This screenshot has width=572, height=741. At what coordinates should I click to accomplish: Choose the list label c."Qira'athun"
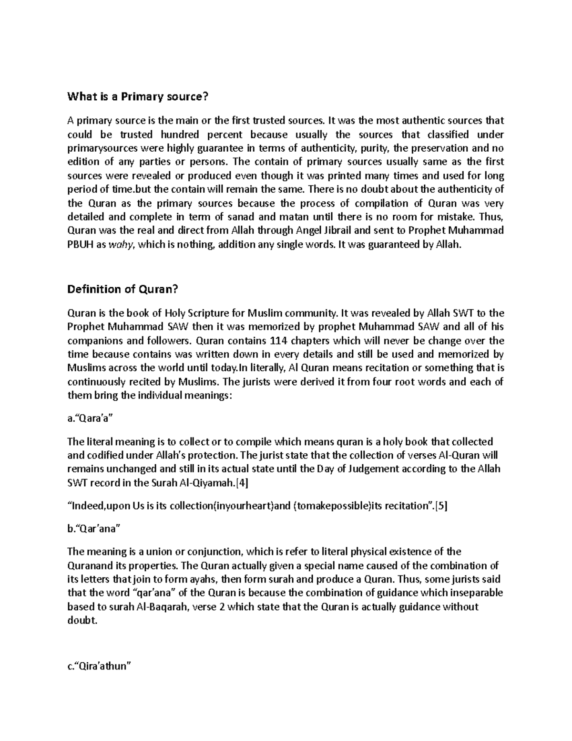pyautogui.click(x=99, y=666)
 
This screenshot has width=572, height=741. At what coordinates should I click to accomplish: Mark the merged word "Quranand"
pyautogui.click(x=89, y=566)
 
